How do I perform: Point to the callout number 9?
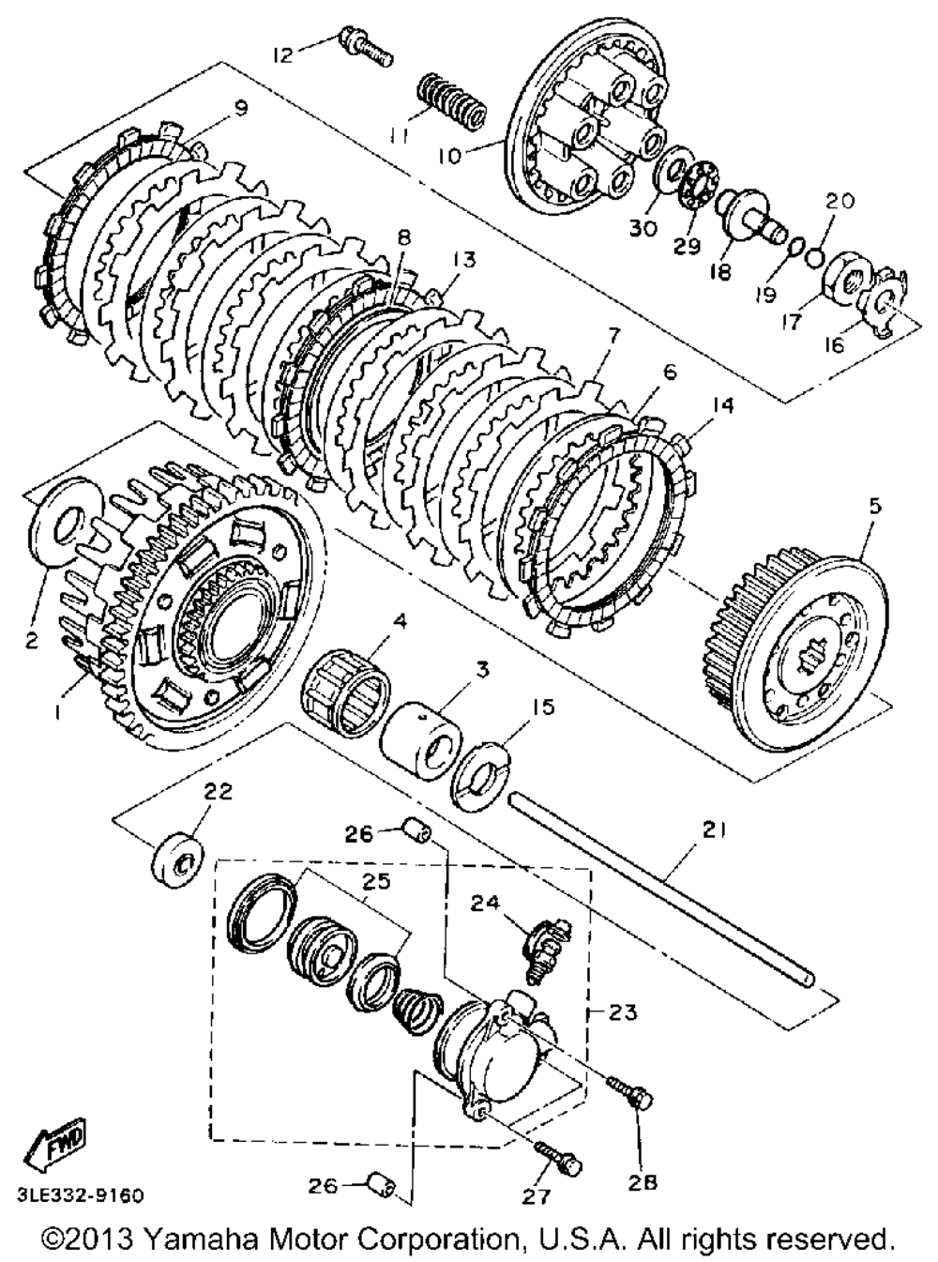click(x=241, y=109)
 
